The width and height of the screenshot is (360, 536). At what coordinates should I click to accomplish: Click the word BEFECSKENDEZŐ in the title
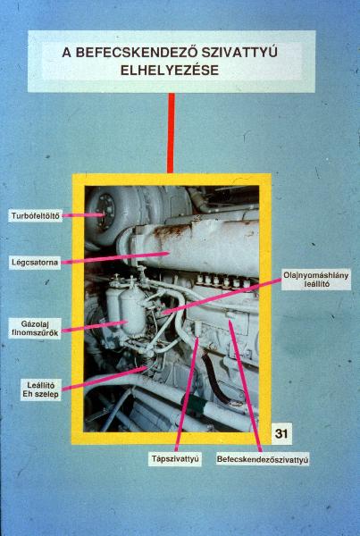(x=136, y=53)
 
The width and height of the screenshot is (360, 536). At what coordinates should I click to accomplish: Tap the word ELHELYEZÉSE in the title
(x=170, y=71)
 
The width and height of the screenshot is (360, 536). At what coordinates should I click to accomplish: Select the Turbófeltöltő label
(x=35, y=216)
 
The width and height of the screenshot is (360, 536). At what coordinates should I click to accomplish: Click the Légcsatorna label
(x=35, y=263)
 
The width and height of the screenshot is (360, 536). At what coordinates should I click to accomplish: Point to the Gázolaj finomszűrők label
(x=35, y=328)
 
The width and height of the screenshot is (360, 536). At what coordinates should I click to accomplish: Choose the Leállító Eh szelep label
(x=41, y=389)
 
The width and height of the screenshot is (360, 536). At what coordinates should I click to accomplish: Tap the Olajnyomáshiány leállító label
(x=316, y=280)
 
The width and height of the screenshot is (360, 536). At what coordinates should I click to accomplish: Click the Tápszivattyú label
(x=175, y=459)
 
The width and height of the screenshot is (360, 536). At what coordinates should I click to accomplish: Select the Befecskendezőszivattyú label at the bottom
(x=263, y=459)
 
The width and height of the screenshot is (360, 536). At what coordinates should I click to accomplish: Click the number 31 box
(x=281, y=433)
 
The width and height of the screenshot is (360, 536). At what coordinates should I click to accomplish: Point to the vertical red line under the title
(x=171, y=133)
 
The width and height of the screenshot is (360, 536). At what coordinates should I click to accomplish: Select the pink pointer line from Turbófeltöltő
(x=83, y=215)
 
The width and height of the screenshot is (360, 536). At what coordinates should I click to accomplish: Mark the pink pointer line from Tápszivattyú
(x=187, y=394)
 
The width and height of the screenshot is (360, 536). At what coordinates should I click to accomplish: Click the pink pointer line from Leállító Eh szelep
(x=105, y=379)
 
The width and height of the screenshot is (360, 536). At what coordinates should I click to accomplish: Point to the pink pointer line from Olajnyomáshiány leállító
(x=222, y=296)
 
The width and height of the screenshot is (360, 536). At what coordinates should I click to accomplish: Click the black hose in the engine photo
(x=212, y=378)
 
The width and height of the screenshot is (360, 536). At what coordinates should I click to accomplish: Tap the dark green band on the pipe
(x=193, y=404)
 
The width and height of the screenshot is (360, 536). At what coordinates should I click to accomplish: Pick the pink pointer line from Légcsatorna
(x=115, y=258)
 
